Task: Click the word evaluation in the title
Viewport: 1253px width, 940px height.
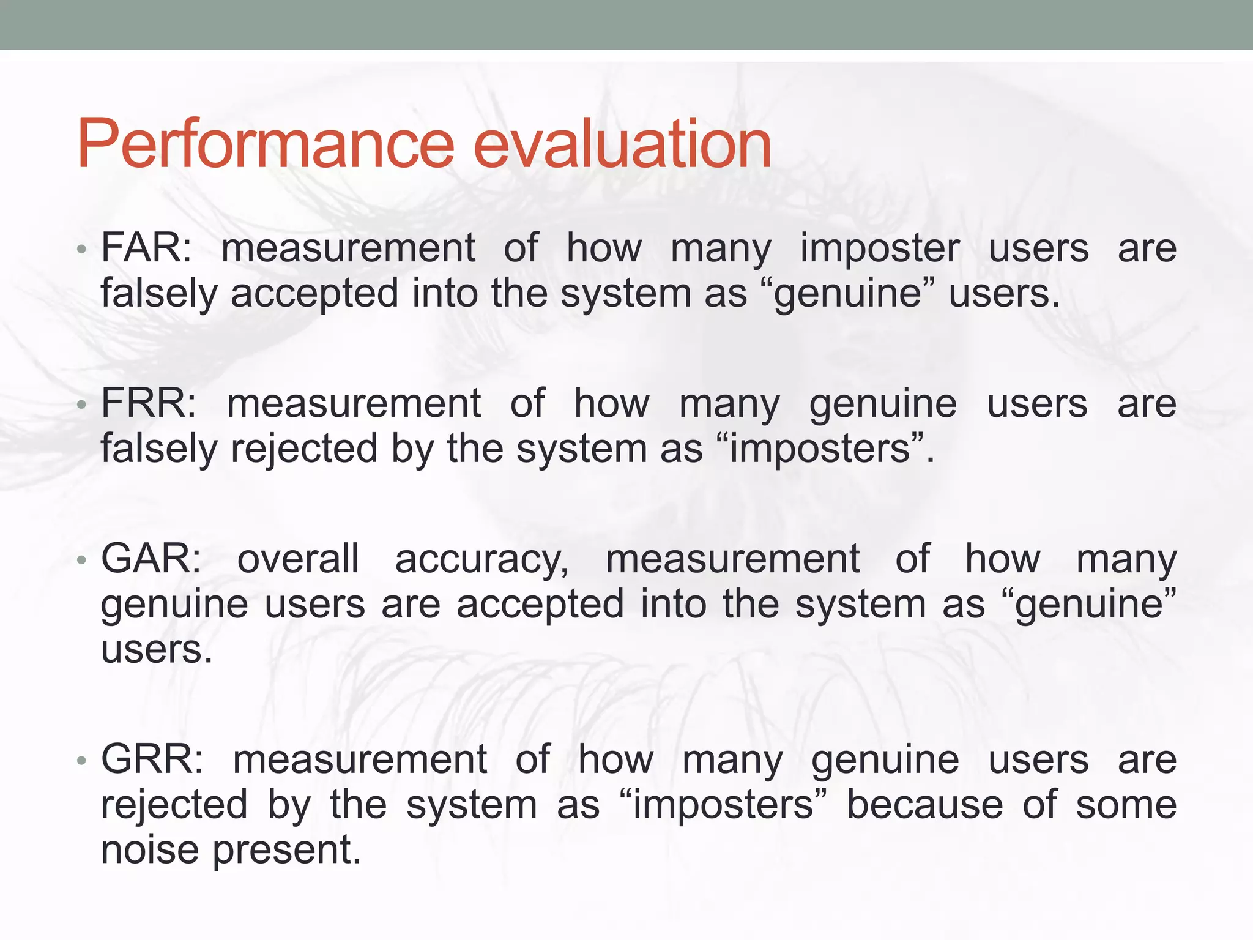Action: [622, 144]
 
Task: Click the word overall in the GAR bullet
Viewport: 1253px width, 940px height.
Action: [298, 559]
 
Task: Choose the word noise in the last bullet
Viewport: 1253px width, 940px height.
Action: [150, 850]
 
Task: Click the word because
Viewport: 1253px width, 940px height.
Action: [924, 805]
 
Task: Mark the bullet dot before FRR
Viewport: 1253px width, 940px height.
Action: [81, 405]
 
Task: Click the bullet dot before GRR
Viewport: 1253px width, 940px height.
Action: [81, 761]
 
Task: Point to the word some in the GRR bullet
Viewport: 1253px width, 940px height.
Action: [1126, 805]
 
